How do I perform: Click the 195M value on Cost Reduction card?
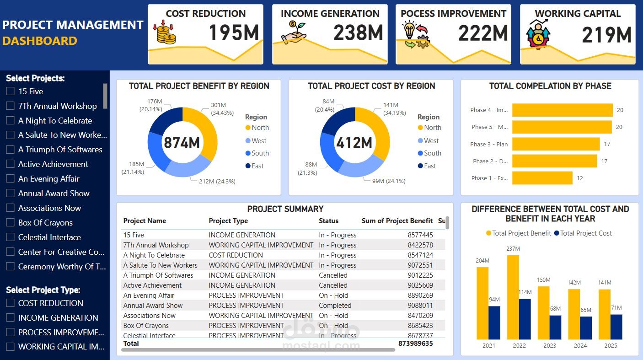click(234, 33)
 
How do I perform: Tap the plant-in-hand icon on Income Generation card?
click(293, 32)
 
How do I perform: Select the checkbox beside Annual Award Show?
click(10, 193)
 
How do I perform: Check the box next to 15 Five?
click(10, 91)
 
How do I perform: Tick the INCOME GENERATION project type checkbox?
click(10, 317)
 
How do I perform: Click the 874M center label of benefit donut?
click(182, 143)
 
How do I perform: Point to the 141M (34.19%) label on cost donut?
click(391, 108)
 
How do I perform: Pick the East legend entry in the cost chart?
click(429, 166)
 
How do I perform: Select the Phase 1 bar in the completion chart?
click(542, 178)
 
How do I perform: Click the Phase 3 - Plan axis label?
click(489, 144)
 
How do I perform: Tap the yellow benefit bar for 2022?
click(513, 297)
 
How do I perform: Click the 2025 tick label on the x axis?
click(611, 345)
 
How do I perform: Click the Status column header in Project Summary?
click(328, 221)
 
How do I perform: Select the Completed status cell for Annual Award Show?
click(335, 306)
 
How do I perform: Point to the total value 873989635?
click(415, 344)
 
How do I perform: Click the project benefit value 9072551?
click(420, 265)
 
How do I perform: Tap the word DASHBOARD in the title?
click(40, 41)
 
